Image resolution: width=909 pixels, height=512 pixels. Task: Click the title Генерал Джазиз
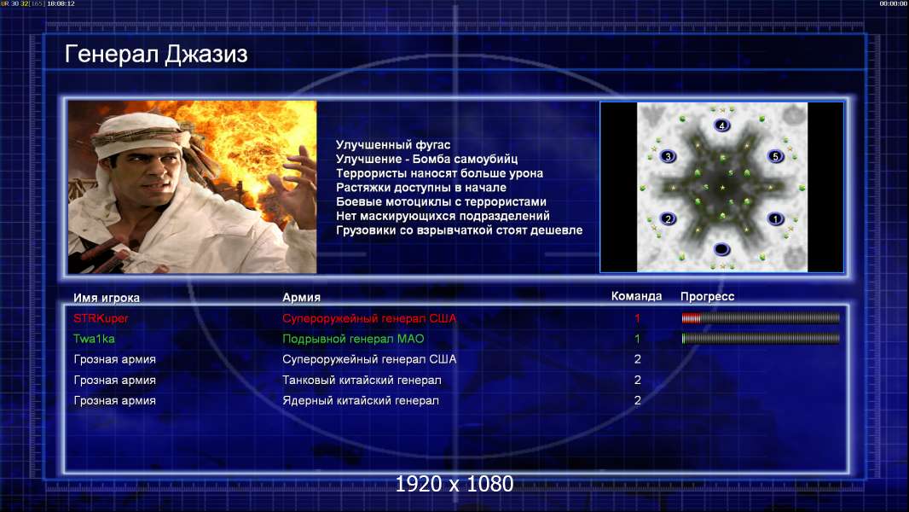pos(156,55)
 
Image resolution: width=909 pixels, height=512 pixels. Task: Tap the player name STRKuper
pos(101,318)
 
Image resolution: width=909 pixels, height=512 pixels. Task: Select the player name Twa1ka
pos(94,339)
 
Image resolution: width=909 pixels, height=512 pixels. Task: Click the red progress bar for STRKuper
pos(761,317)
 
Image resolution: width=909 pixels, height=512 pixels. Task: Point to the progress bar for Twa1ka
pos(761,338)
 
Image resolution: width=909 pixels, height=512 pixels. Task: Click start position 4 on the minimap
pos(721,125)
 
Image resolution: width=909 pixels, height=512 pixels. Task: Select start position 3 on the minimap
pos(668,156)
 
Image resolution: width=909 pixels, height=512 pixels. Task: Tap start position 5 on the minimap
pos(776,156)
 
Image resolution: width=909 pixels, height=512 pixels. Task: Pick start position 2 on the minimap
pos(668,218)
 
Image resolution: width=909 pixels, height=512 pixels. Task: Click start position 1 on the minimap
pos(776,218)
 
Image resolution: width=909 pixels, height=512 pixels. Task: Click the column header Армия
pos(302,298)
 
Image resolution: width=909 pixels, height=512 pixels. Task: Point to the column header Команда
pos(636,296)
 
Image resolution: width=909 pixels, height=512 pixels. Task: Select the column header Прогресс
pos(707,297)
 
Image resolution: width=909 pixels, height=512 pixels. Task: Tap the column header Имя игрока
pos(106,298)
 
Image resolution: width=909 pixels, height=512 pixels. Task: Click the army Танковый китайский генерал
pos(362,381)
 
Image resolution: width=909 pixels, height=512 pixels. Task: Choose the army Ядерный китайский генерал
pos(361,401)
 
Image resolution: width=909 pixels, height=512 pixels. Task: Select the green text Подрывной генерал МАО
pos(353,339)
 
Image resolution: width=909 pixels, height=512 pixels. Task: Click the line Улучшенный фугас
pos(393,145)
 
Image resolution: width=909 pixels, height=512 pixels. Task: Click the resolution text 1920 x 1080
pos(454,484)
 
